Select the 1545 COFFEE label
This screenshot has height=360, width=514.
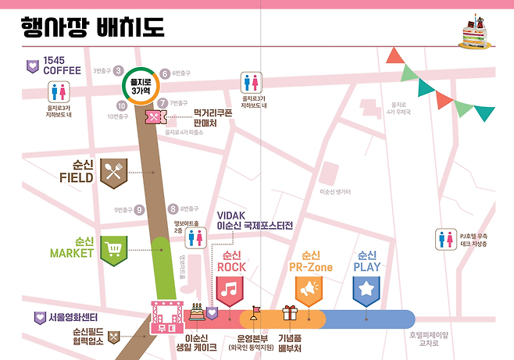click(62, 65)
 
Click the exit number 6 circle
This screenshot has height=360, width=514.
click(165, 74)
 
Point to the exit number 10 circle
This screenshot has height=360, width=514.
click(122, 105)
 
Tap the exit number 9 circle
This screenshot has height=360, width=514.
click(140, 209)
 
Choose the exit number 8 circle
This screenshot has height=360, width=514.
click(173, 209)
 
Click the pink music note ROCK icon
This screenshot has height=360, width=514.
click(230, 290)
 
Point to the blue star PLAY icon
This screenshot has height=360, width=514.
click(366, 290)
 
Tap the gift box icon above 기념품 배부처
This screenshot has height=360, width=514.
click(291, 314)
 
